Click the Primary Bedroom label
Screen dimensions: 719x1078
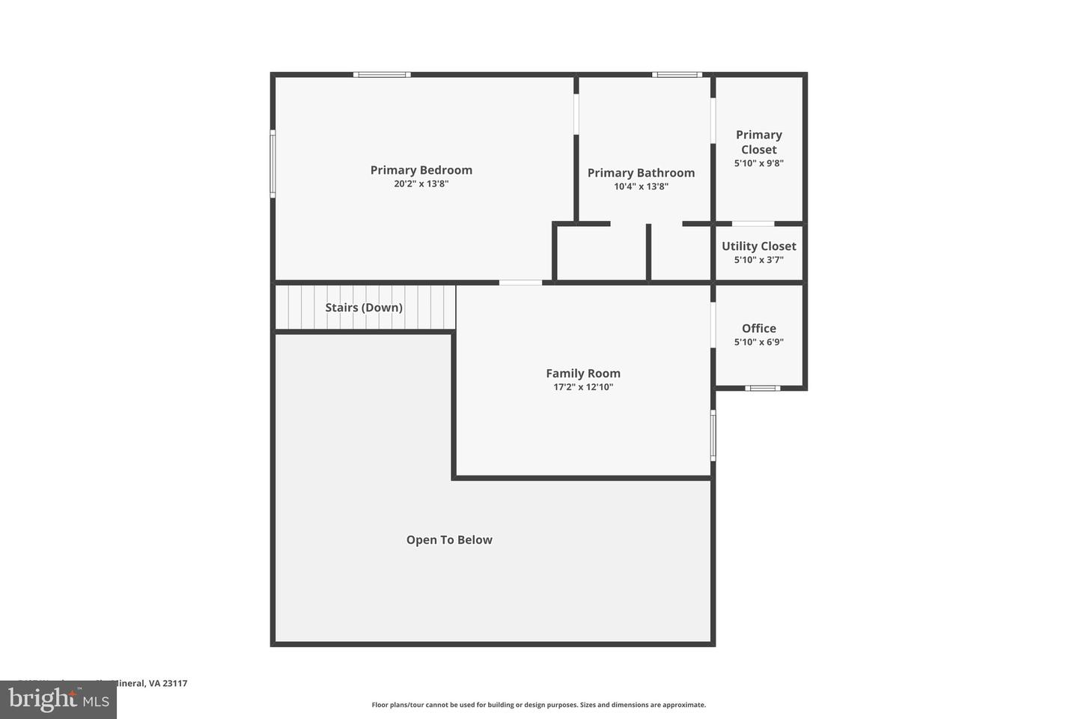[421, 170]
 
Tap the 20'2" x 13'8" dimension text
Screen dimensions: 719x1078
[421, 183]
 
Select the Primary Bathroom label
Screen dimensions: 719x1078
[641, 173]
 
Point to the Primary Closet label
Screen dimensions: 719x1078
[758, 142]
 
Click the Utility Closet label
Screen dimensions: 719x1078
[758, 246]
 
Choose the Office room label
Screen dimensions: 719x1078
[758, 329]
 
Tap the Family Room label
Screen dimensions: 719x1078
[582, 374]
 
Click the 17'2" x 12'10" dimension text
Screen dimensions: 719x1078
[582, 387]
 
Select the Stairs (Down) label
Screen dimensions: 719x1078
[364, 308]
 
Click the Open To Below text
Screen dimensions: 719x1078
[449, 540]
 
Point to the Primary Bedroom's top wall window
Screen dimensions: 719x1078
[382, 75]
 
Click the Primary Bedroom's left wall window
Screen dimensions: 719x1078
[272, 163]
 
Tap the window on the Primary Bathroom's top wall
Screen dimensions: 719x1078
[677, 75]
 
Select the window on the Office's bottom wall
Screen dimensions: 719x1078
[762, 388]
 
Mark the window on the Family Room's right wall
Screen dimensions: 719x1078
[713, 434]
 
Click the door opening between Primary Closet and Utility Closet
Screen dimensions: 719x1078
[752, 224]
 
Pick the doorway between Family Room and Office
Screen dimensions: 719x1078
[713, 324]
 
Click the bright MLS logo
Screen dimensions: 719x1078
[58, 700]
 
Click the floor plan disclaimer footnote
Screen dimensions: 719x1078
[538, 705]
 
